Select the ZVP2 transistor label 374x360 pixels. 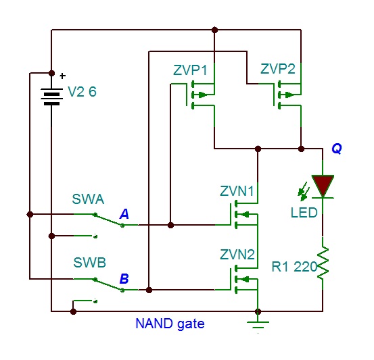pos(279,69)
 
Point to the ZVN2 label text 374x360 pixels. pos(237,255)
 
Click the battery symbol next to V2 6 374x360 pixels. pos(51,96)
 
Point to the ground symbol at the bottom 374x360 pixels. pos(257,323)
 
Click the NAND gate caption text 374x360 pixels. pos(170,324)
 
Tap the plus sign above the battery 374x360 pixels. pos(63,76)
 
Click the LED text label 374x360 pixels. pos(304,213)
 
